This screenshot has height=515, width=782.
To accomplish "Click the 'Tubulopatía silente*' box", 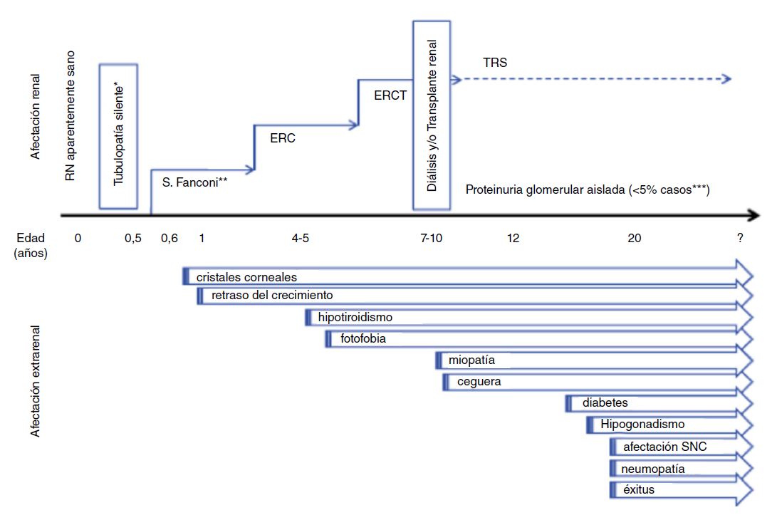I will (x=118, y=136).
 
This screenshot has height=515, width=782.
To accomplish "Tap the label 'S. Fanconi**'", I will (x=194, y=182).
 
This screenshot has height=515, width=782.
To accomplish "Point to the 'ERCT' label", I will (x=390, y=94).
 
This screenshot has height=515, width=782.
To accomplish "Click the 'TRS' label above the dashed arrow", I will (x=494, y=63).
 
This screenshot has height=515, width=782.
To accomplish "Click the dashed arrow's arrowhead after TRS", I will (x=726, y=78).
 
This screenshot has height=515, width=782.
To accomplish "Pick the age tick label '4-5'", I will (x=300, y=239).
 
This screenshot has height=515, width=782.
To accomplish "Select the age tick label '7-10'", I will (x=431, y=239).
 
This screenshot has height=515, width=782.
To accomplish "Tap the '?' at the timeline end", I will (x=741, y=239).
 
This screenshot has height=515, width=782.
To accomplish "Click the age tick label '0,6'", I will (x=169, y=239).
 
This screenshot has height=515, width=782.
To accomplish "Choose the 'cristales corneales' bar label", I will (x=246, y=276).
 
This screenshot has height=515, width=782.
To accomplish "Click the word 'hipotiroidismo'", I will (x=355, y=317).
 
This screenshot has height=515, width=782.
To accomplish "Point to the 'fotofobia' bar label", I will (x=363, y=339).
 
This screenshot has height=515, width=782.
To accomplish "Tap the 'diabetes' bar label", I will (x=605, y=403).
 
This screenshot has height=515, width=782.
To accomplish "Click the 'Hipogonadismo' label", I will (x=642, y=425).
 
